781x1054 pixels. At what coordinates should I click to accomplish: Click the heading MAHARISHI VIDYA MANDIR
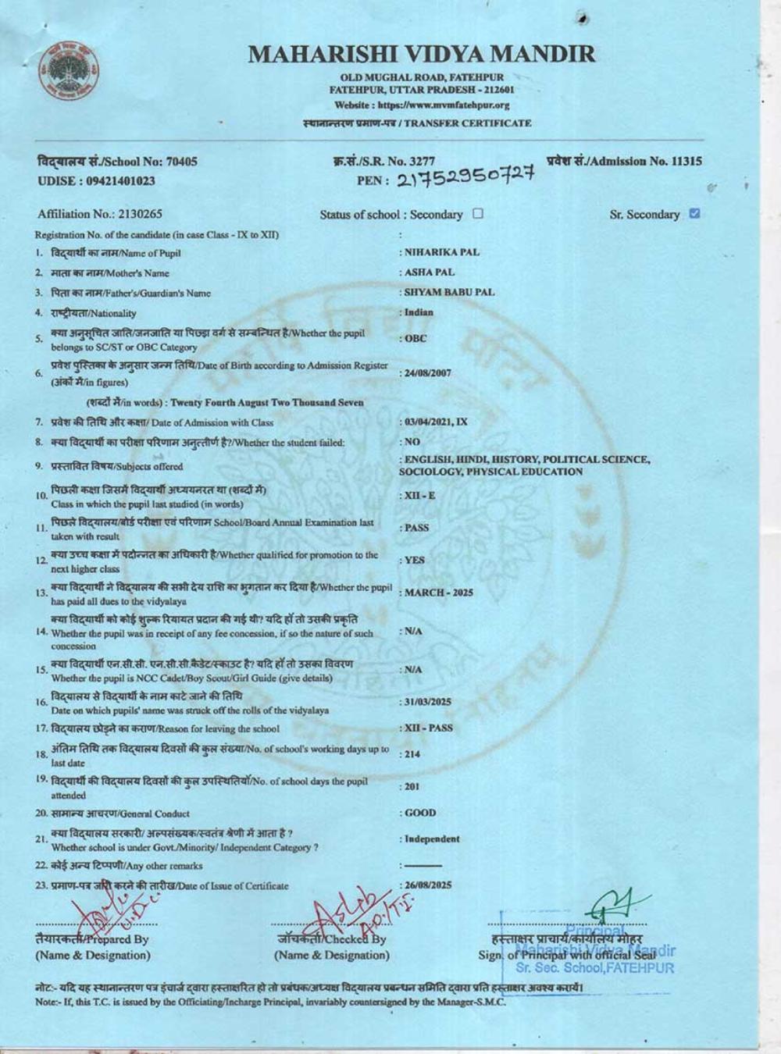(422, 54)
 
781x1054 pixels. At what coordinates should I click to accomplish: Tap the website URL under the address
(422, 105)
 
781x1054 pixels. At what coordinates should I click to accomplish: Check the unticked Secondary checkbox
(478, 214)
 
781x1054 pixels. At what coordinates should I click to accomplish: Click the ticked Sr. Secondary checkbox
(695, 213)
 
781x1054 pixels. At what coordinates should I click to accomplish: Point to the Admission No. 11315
(625, 162)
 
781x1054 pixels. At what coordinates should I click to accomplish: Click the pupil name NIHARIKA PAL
(442, 252)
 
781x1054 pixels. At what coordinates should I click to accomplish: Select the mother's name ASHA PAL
(429, 272)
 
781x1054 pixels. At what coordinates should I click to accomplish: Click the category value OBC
(415, 339)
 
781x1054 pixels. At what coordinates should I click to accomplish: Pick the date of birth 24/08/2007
(427, 373)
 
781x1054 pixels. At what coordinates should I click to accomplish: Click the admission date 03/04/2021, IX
(435, 422)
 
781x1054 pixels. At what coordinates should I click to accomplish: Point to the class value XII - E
(420, 496)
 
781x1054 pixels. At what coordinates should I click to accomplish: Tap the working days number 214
(413, 754)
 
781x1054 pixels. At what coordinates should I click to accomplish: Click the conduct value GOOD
(420, 813)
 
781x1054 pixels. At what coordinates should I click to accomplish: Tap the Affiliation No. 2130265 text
(100, 214)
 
